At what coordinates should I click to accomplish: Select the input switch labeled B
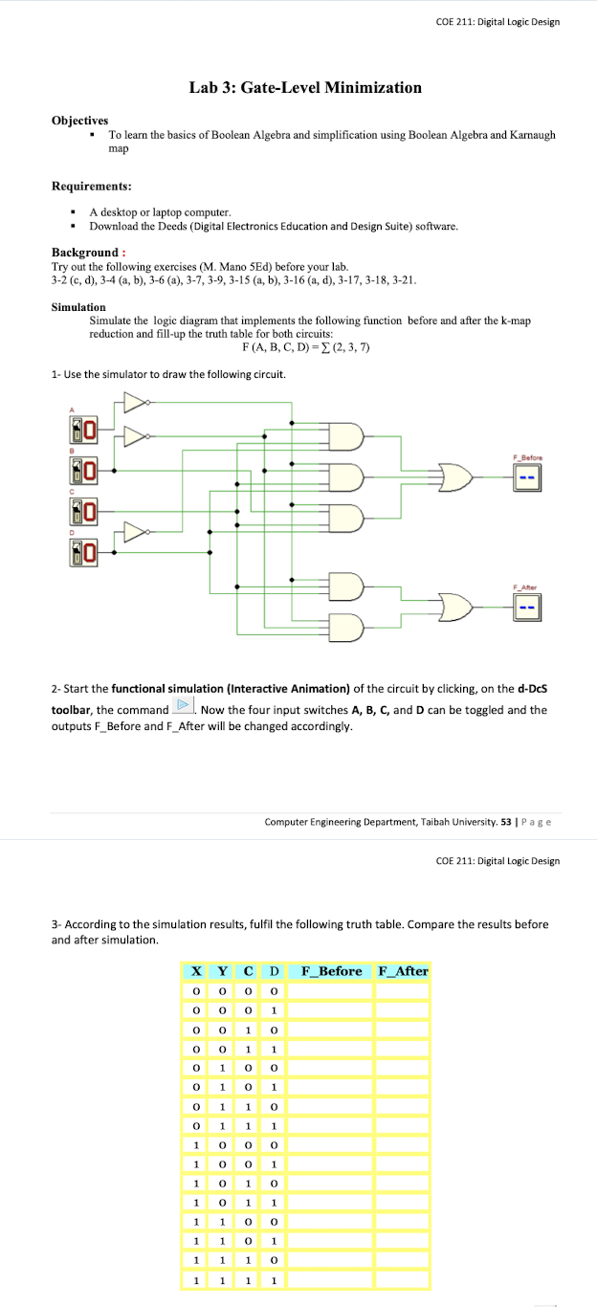click(82, 470)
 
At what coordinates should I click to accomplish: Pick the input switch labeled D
click(82, 551)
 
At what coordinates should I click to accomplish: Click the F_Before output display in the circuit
click(526, 475)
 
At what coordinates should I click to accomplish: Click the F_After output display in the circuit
click(526, 606)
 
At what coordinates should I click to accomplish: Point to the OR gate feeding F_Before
click(454, 475)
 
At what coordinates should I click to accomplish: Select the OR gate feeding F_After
click(454, 606)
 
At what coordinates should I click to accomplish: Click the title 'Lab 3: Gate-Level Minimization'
click(305, 88)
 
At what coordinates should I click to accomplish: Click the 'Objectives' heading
click(79, 121)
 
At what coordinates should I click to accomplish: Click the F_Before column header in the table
click(331, 971)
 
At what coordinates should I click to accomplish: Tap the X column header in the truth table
click(195, 971)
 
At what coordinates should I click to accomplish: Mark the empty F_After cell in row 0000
click(402, 990)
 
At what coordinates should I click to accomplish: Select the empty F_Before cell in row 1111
click(331, 1279)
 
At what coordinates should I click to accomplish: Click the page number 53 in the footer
click(505, 821)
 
